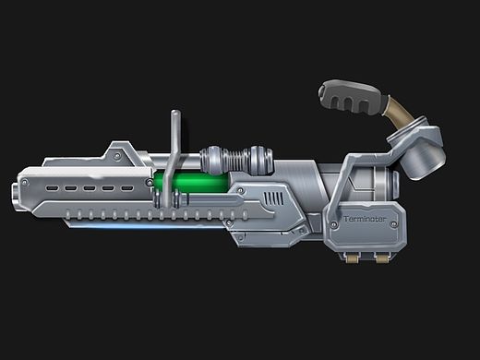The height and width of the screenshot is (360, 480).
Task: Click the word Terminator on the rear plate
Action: tap(365, 219)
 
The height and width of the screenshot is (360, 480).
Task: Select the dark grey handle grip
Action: tap(350, 96)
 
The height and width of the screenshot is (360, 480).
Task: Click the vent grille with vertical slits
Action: tap(274, 198)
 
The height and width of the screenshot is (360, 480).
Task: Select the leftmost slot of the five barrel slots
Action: tap(52, 187)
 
